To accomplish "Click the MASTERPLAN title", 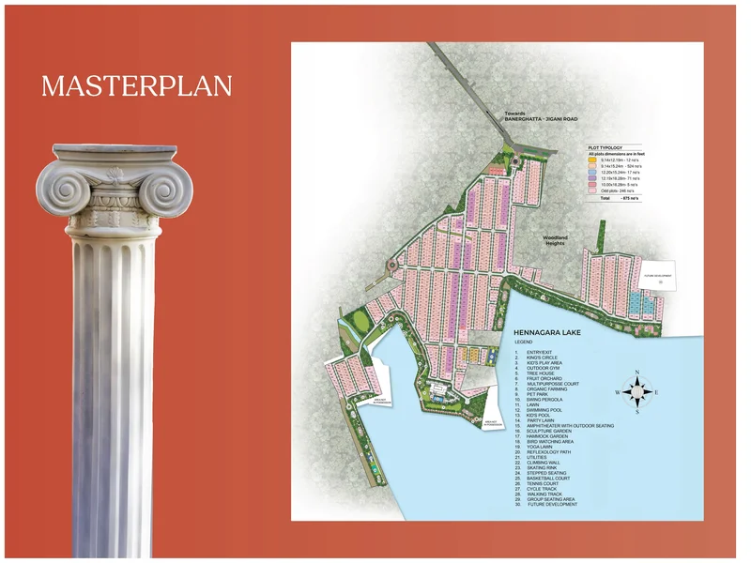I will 136,86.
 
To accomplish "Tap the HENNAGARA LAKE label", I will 555,332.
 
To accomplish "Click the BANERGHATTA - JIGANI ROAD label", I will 542,119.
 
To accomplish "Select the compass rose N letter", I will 637,373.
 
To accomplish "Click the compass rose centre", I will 637,391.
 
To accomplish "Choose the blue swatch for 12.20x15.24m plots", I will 593,173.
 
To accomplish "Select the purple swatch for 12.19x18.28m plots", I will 593,179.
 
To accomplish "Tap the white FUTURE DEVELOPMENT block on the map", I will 656,277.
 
